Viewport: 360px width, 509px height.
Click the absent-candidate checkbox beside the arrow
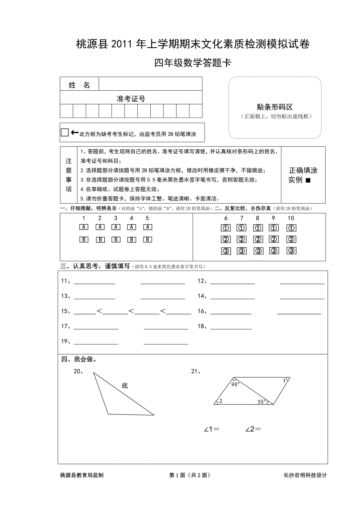tap(65, 133)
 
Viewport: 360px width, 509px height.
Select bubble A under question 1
tap(84, 227)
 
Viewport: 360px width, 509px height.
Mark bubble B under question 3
tap(115, 239)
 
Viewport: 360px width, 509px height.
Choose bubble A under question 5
tap(148, 227)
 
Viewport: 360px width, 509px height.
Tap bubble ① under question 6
tap(226, 228)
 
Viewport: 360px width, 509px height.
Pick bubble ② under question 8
tap(258, 239)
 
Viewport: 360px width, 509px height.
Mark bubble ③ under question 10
tap(291, 251)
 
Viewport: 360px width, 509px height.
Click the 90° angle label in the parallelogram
tap(235, 385)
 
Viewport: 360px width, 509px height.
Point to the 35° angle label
tap(262, 401)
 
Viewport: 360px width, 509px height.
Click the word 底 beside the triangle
tap(124, 386)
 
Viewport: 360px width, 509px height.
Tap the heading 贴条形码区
tap(275, 107)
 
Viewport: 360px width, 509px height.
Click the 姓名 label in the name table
tap(79, 85)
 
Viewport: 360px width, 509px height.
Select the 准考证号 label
tap(131, 99)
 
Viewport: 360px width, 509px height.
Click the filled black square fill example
tap(308, 180)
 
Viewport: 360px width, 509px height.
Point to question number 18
tap(202, 326)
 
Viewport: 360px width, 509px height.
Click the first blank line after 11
tap(94, 282)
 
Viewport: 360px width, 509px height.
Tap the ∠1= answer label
tap(211, 429)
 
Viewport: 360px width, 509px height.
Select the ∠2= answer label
tap(253, 429)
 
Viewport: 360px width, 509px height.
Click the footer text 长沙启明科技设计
tap(305, 475)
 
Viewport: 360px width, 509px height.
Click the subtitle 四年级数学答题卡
tap(193, 63)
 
